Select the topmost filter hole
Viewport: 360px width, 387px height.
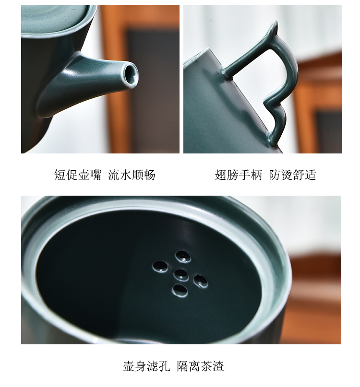182,256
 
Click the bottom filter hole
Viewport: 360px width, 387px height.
180,290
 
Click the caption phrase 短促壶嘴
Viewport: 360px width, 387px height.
77,175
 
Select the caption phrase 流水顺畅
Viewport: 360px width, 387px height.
132,175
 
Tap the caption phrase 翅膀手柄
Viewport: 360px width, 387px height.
238,175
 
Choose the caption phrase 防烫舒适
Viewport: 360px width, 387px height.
292,175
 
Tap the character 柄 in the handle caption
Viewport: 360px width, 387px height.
256,175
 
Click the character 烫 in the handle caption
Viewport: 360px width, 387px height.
287,175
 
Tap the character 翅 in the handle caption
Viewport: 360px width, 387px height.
220,175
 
